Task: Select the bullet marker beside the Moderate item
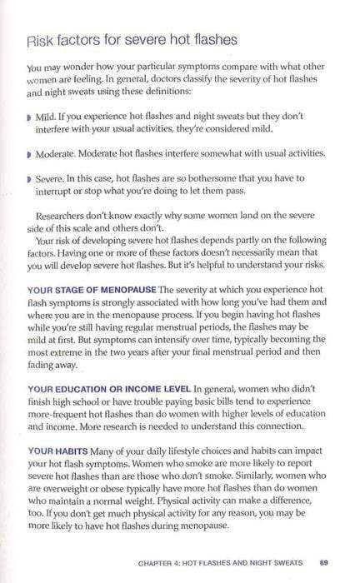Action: pyautogui.click(x=29, y=154)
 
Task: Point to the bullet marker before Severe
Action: pyautogui.click(x=29, y=178)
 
